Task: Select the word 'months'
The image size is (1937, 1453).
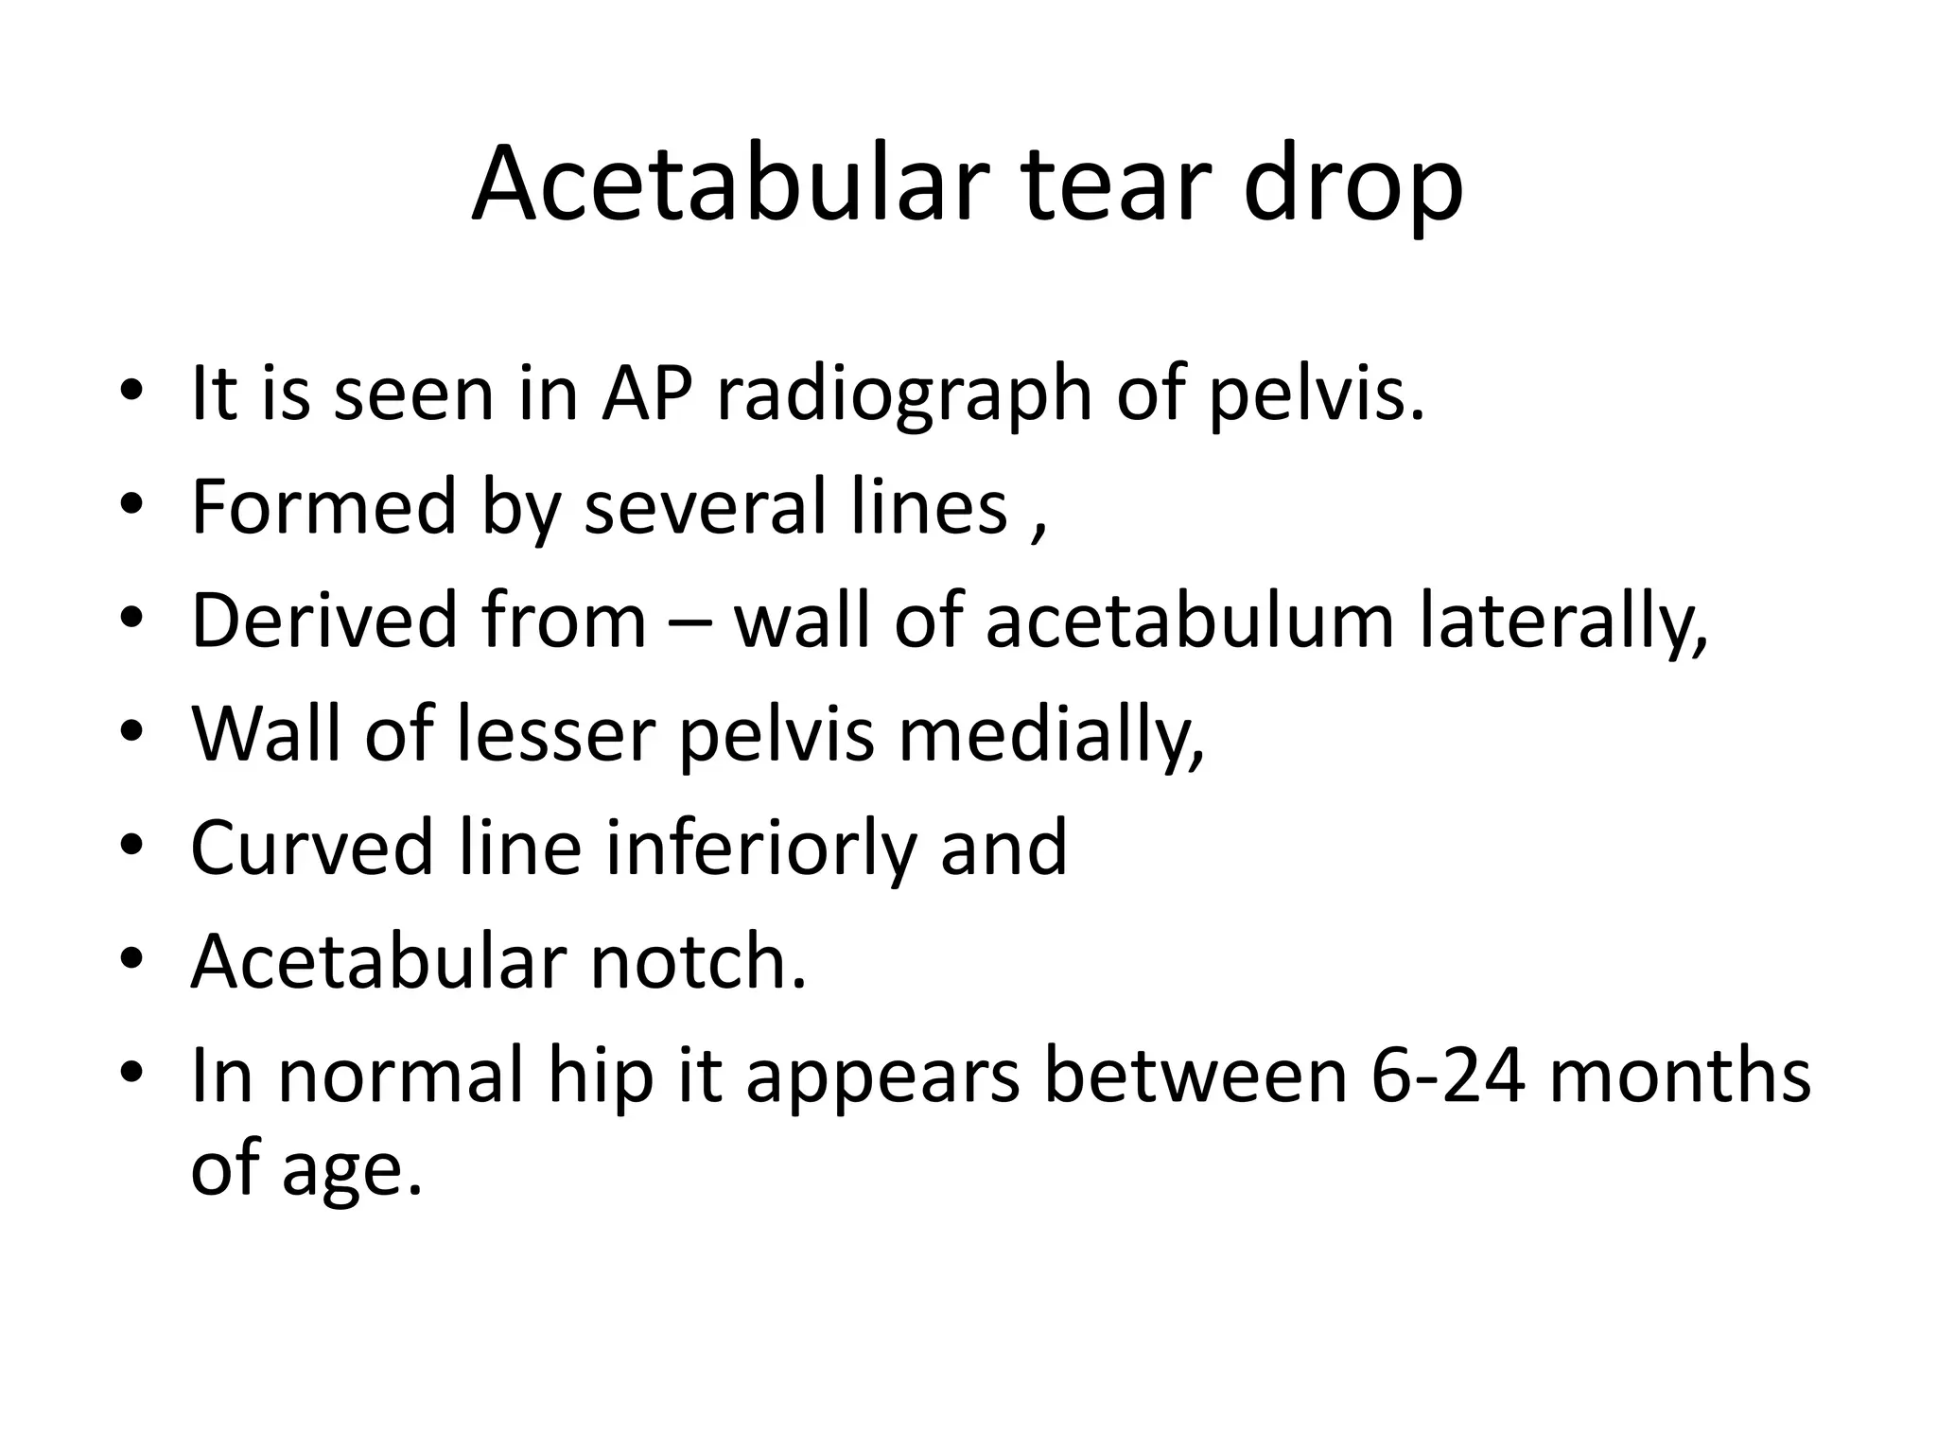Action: point(1680,1076)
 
